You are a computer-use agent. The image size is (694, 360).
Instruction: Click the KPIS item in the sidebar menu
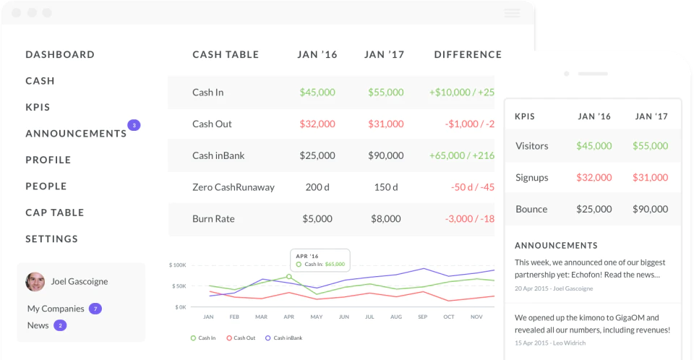point(38,107)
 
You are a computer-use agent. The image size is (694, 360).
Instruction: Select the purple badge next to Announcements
point(134,125)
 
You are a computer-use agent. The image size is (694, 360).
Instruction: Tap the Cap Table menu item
point(54,213)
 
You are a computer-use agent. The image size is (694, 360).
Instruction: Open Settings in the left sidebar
point(51,239)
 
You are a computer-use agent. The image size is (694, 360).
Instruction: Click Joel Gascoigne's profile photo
point(35,282)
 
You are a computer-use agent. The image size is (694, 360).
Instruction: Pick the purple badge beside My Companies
point(95,309)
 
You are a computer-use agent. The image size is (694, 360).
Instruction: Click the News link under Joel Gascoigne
point(38,325)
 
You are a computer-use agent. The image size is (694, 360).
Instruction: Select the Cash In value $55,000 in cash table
point(385,92)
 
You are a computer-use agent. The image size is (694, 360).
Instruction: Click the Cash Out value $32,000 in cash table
point(317,124)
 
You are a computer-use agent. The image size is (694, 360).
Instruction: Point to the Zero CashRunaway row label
point(234,187)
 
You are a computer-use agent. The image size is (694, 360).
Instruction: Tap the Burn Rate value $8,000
point(385,219)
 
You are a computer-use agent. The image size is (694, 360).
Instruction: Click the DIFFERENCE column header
point(468,54)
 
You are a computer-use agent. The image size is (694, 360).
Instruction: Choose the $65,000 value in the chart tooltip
point(335,265)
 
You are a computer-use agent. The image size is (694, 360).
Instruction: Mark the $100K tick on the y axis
point(178,265)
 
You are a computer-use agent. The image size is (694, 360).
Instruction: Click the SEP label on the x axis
point(423,317)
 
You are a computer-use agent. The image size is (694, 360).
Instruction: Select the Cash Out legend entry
point(241,338)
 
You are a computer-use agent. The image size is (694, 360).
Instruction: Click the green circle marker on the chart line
point(289,277)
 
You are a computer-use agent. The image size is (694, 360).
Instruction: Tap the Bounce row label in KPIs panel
point(531,209)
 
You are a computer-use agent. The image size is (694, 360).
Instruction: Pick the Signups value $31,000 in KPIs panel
point(650,178)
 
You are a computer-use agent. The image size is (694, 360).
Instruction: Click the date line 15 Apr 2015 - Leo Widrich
point(549,343)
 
